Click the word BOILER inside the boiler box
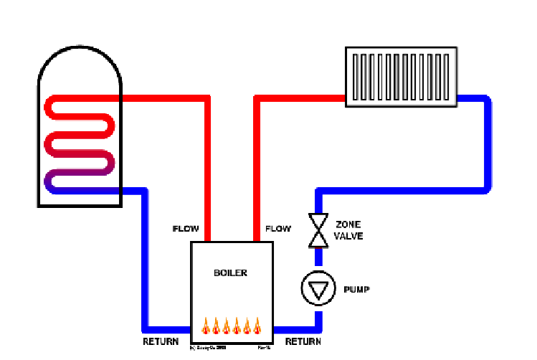coord(230,273)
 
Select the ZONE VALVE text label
coord(349,229)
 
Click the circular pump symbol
coord(315,288)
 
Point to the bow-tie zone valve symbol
coord(316,230)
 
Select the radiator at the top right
coord(400,77)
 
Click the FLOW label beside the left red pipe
coord(186,229)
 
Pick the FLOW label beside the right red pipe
coord(279,229)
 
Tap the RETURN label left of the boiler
coord(160,342)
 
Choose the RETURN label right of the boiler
coord(303,342)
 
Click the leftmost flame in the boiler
coord(205,326)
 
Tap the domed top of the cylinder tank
coord(80,57)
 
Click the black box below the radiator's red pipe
coord(298,118)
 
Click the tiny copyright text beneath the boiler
coord(208,348)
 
